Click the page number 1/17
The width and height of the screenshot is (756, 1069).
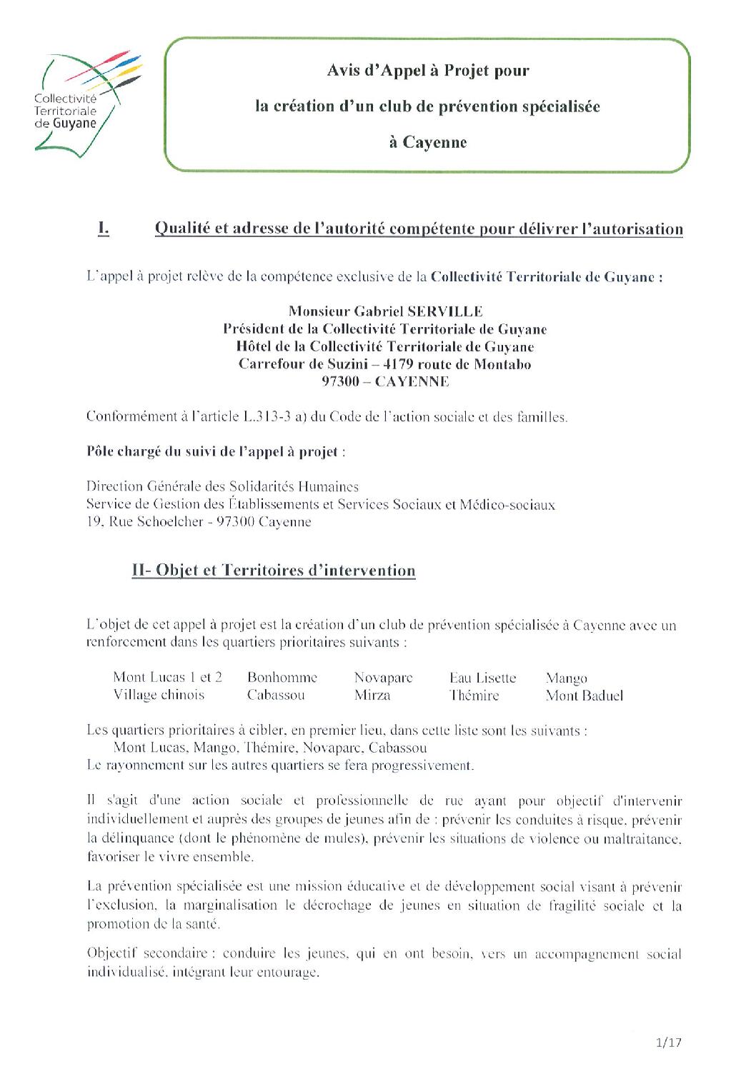click(669, 1042)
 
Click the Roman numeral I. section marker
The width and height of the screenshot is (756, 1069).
click(104, 229)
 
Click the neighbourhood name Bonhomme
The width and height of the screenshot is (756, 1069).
click(282, 677)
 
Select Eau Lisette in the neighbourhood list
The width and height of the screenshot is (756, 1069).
click(482, 677)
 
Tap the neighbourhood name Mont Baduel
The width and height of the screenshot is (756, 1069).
click(584, 695)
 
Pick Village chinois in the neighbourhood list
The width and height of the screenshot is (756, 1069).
click(159, 695)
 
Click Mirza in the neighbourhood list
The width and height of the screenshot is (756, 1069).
click(372, 695)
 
